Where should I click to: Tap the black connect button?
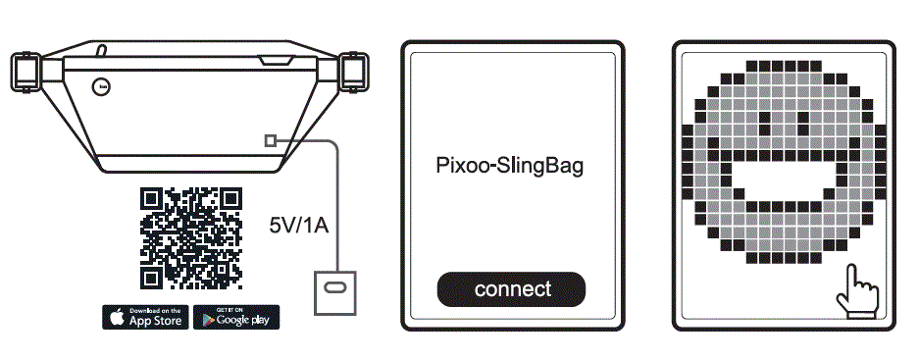coord(511,289)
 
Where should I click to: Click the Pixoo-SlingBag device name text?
coord(509,165)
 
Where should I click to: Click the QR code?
coord(190,238)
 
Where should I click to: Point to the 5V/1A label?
coord(298,226)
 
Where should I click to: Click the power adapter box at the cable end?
coord(334,289)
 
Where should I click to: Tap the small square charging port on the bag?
coord(272,141)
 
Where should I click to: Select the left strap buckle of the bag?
coord(25,70)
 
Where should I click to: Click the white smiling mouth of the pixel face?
coord(782,180)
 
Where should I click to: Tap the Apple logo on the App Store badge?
coord(117,318)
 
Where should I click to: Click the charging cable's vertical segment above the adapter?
coord(338,206)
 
